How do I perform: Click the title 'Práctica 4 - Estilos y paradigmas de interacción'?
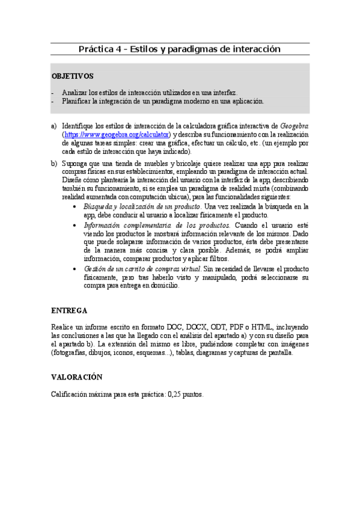tap(180, 49)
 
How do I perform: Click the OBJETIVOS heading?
tap(72, 76)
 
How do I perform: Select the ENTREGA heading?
tap(69, 310)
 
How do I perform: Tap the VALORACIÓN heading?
tap(77, 377)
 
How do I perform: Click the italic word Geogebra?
tap(294, 126)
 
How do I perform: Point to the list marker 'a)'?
tap(54, 126)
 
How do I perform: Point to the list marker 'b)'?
tap(54, 164)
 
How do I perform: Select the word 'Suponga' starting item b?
tap(75, 164)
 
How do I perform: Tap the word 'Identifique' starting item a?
tap(79, 126)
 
